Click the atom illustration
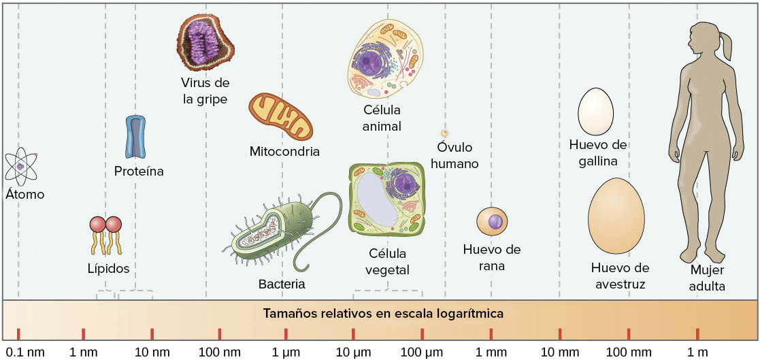(x=21, y=166)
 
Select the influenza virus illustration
(x=205, y=42)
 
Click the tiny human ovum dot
(x=444, y=133)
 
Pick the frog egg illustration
(x=493, y=222)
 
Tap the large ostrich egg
(x=616, y=216)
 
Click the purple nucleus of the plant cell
(x=406, y=183)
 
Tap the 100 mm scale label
(x=628, y=352)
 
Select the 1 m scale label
(x=698, y=352)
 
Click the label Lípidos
(x=108, y=268)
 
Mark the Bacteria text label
(x=282, y=284)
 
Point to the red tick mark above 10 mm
(x=560, y=333)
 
